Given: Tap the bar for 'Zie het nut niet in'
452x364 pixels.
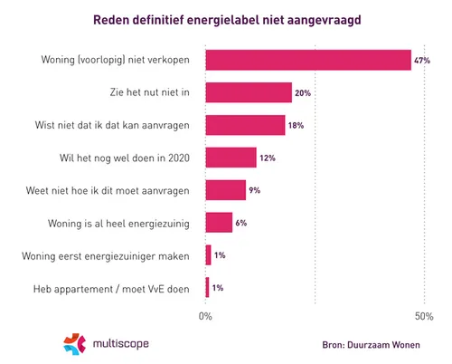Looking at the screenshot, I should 249,92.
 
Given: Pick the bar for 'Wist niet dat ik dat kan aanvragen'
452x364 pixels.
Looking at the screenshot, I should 245,125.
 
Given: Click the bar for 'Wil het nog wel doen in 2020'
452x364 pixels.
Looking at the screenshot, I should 231,158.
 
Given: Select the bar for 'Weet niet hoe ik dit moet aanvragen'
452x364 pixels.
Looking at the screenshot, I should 225,190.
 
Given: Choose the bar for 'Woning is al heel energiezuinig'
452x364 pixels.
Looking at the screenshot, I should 219,223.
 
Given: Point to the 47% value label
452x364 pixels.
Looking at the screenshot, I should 420,61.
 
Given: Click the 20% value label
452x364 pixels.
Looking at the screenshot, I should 303,93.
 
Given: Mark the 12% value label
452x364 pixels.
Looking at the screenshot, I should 267,158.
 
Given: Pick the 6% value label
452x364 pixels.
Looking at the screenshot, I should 240,224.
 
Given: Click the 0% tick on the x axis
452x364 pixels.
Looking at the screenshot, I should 205,316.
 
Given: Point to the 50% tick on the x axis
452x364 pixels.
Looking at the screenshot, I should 423,316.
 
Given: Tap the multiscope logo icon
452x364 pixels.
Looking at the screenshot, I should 75,344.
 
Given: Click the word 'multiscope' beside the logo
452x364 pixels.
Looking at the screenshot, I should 121,344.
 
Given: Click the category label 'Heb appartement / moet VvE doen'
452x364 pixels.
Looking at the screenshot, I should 106,289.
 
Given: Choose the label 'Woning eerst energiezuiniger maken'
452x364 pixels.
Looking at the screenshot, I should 105,256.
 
